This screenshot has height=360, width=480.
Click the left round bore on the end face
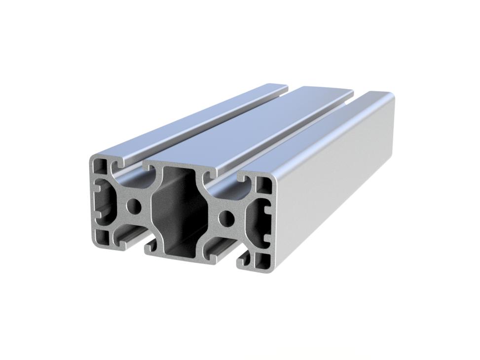[132, 205]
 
